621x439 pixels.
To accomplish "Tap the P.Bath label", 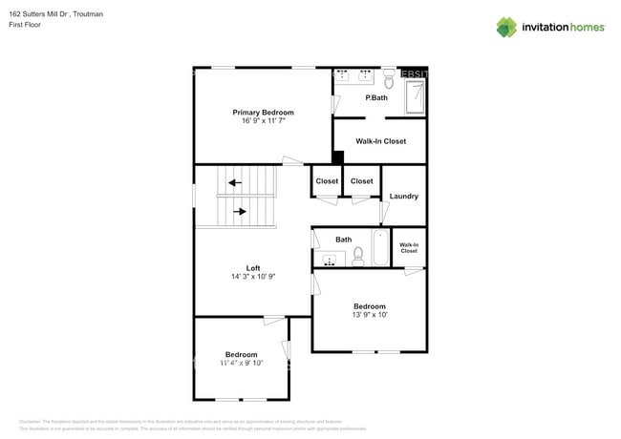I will pos(375,98).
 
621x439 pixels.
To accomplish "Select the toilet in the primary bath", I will pos(389,79).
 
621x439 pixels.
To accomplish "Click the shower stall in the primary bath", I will pos(416,97).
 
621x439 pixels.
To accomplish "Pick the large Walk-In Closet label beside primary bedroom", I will pos(380,141).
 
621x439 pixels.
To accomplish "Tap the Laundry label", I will pos(403,197).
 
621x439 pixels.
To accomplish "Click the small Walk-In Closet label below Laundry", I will pos(409,248).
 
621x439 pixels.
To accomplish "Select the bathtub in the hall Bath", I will pos(380,248).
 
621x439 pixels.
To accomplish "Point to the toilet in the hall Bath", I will pos(358,256).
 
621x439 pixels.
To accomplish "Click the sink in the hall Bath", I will pos(332,260).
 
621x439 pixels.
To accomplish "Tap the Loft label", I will pos(253,267).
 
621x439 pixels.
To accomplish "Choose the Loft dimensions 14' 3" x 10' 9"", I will pos(253,277).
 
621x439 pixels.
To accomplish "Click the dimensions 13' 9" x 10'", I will pos(370,315).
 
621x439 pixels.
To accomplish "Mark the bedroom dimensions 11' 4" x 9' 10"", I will pos(241,363).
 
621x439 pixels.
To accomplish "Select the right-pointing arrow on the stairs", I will pos(240,211).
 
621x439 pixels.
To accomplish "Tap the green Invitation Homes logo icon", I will pos(506,27).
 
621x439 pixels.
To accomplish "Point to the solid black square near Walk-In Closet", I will pos(337,157).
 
